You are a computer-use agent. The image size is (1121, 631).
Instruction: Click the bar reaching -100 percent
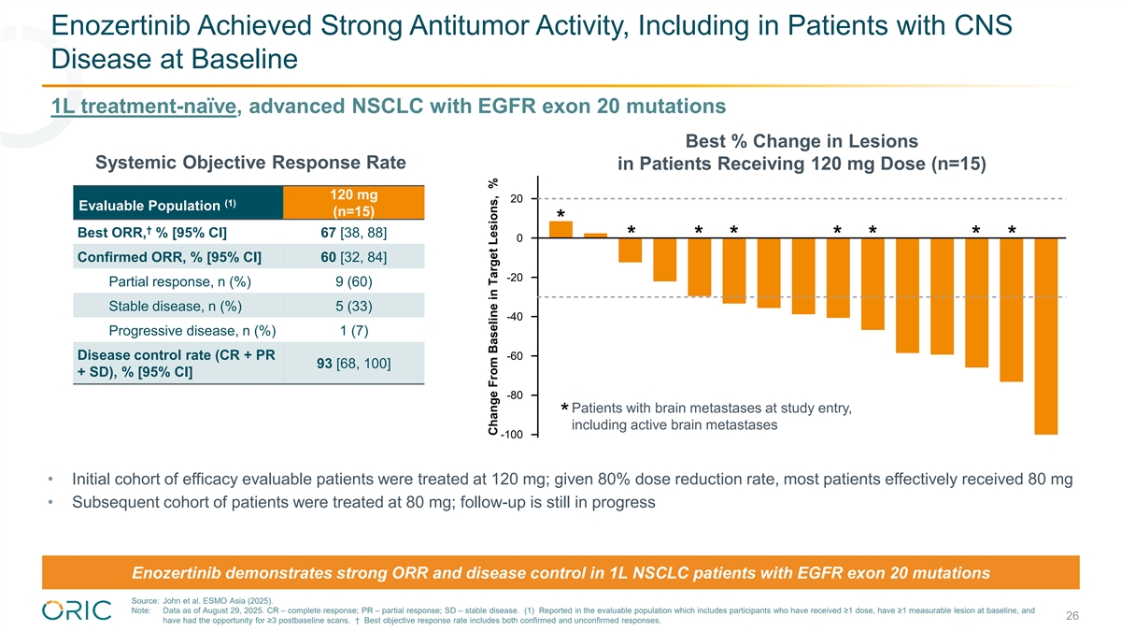click(1046, 336)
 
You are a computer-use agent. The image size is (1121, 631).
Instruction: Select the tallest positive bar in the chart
click(561, 230)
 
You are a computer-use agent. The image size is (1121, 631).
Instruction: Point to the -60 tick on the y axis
click(534, 356)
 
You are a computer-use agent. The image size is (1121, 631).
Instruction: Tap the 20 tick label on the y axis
click(517, 199)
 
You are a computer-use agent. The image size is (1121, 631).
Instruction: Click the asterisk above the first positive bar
click(561, 214)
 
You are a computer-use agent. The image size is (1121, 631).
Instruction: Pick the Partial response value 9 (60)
click(354, 281)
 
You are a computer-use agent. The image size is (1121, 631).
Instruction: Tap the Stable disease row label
click(176, 306)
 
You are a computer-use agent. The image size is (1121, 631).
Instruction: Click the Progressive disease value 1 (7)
click(354, 331)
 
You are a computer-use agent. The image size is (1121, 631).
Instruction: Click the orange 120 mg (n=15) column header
click(354, 203)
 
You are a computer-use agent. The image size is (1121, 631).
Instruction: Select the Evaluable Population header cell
click(178, 203)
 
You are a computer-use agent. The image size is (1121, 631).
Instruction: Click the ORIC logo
click(77, 610)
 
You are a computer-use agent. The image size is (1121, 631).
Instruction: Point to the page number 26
click(1072, 615)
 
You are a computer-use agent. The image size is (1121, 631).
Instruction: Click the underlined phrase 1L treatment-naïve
click(144, 107)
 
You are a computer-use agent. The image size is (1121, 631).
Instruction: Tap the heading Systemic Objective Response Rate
click(250, 163)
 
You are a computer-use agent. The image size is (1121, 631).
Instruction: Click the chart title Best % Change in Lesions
click(802, 141)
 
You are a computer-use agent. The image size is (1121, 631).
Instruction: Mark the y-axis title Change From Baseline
click(493, 307)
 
